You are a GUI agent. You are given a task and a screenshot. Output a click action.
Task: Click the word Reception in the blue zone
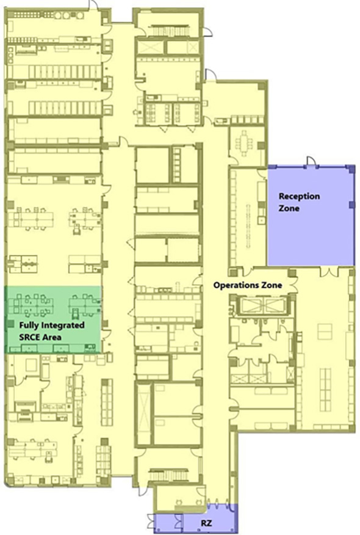coord(299,197)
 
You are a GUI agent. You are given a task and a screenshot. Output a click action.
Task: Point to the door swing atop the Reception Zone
coord(311,161)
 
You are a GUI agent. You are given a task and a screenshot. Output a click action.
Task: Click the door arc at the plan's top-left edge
coord(93,4)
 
